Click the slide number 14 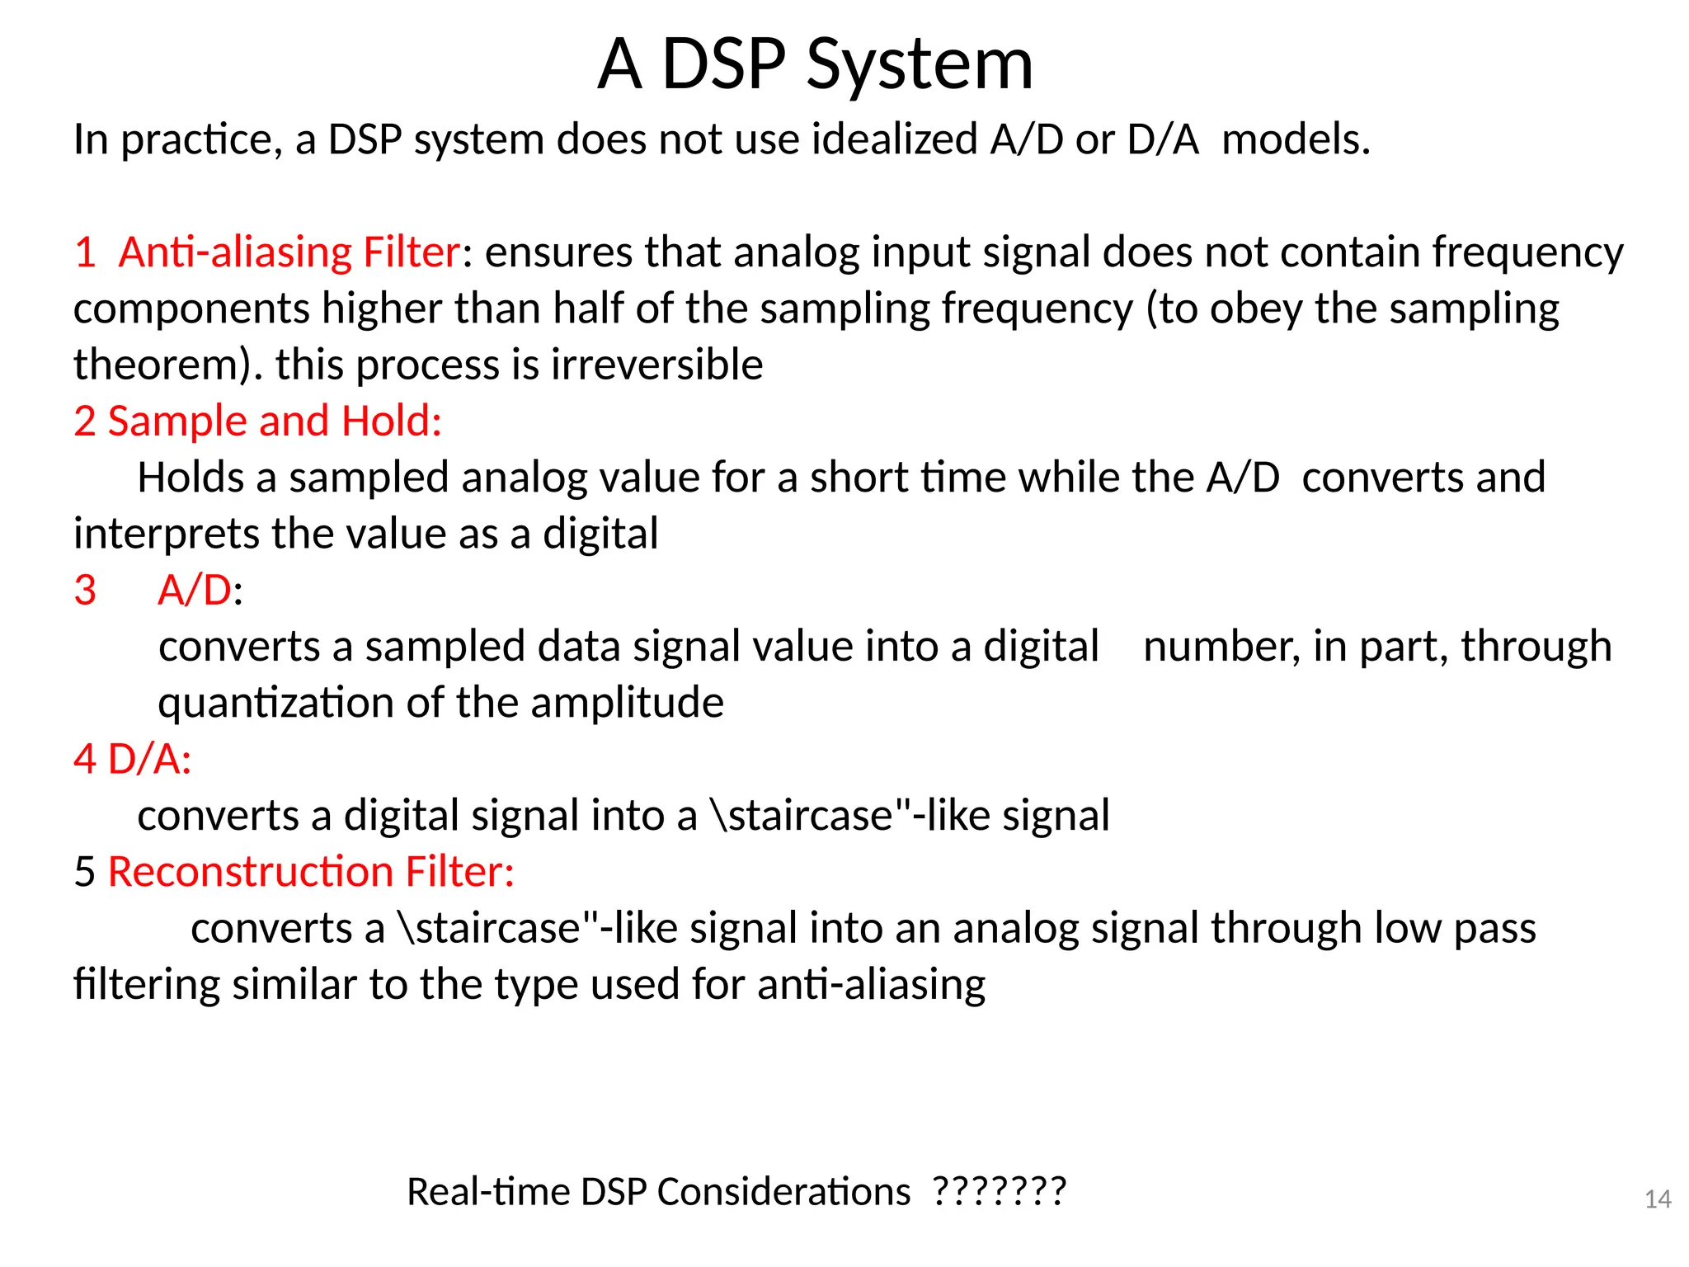(1658, 1199)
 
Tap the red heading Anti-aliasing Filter (289, 252)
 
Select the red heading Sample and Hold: (275, 421)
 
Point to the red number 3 (85, 591)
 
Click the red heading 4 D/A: (132, 759)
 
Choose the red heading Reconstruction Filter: (311, 872)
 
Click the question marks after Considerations (1000, 1191)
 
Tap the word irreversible (656, 365)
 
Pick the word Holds (191, 478)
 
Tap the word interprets (167, 535)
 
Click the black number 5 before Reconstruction (85, 872)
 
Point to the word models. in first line (1296, 139)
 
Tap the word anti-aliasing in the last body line (871, 985)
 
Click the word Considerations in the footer (783, 1192)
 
